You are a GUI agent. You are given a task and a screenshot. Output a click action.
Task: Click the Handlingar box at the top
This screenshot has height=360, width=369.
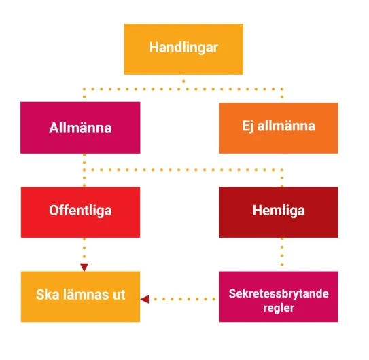183,49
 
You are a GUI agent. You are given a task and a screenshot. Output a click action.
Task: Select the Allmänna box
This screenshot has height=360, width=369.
80,128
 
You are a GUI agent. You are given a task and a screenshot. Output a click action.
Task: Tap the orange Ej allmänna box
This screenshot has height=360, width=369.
279,128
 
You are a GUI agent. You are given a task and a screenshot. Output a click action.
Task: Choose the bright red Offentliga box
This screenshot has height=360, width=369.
80,212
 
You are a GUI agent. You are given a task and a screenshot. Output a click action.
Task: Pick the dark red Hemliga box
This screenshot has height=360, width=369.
279,212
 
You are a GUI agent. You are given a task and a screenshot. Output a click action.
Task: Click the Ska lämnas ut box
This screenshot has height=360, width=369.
80,297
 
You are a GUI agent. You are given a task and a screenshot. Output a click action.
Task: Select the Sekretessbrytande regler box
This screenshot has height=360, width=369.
279,297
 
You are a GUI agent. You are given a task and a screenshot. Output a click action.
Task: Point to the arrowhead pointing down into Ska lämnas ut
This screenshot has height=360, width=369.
84,268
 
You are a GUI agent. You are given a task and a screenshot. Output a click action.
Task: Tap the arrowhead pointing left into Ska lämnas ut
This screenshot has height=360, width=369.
145,299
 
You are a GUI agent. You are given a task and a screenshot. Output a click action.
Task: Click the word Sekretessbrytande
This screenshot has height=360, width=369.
279,293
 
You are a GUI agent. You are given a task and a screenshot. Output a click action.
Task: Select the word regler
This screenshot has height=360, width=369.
279,308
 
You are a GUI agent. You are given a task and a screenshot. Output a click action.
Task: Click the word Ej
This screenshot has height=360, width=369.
247,126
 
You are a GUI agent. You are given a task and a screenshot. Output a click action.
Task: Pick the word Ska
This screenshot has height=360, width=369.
48,295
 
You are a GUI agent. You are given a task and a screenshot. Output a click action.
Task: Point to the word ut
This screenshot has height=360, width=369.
119,295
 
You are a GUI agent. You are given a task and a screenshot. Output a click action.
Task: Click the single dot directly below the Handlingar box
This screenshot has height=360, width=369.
183,82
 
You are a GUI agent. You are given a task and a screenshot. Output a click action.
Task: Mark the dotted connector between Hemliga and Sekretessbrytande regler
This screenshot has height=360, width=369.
282,252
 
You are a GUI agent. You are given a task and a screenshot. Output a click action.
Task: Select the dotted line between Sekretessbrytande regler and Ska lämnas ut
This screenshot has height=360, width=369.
185,299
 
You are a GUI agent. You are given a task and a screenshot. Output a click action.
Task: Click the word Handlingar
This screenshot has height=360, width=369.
183,48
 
